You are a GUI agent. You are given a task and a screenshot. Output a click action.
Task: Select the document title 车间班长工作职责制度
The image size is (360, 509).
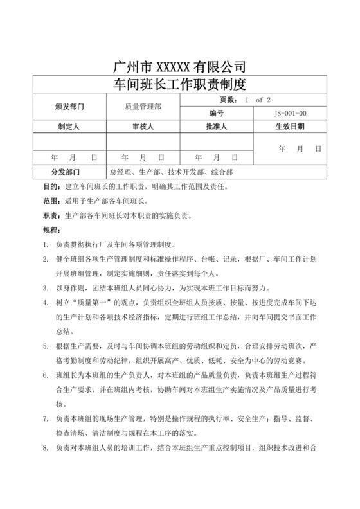click(x=180, y=84)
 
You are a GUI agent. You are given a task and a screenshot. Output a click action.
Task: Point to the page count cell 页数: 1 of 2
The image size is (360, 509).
click(x=255, y=100)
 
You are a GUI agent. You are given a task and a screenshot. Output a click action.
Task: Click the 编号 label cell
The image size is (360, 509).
click(x=217, y=113)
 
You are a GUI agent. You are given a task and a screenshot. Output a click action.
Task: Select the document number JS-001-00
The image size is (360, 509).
click(x=291, y=113)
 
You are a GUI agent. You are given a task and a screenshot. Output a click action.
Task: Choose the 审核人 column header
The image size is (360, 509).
click(x=142, y=127)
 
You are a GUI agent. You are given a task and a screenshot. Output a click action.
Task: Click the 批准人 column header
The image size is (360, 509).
click(x=217, y=127)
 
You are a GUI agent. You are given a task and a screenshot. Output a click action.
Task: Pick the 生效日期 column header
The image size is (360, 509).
click(x=291, y=127)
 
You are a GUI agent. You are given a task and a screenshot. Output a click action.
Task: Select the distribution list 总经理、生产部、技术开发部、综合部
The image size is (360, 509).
click(x=171, y=172)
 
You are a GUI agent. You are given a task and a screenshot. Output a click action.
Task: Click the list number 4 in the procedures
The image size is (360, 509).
click(x=45, y=300)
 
